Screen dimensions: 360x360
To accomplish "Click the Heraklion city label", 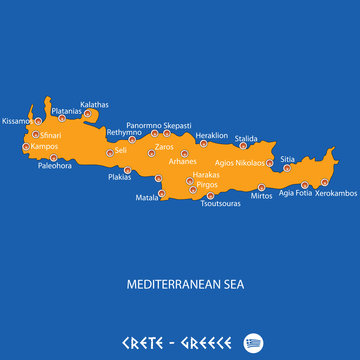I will coord(212,135).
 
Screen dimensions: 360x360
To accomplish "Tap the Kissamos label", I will coord(16,120).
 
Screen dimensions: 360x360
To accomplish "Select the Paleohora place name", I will coord(55,166).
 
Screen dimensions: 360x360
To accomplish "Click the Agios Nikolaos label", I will coord(239,162).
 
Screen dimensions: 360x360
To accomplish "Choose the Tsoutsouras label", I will coord(220,204).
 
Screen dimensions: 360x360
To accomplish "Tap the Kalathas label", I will coord(95,104).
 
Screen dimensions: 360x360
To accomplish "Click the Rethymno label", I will coord(124,132).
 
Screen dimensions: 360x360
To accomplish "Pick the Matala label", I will coord(147,198).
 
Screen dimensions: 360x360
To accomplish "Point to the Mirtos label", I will coord(261,196).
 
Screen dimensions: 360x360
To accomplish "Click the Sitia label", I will coord(287,159).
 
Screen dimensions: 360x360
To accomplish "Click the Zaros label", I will coord(164,147).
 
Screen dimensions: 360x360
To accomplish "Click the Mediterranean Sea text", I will coord(185,284).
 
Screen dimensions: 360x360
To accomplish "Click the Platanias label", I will coord(66,111).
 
